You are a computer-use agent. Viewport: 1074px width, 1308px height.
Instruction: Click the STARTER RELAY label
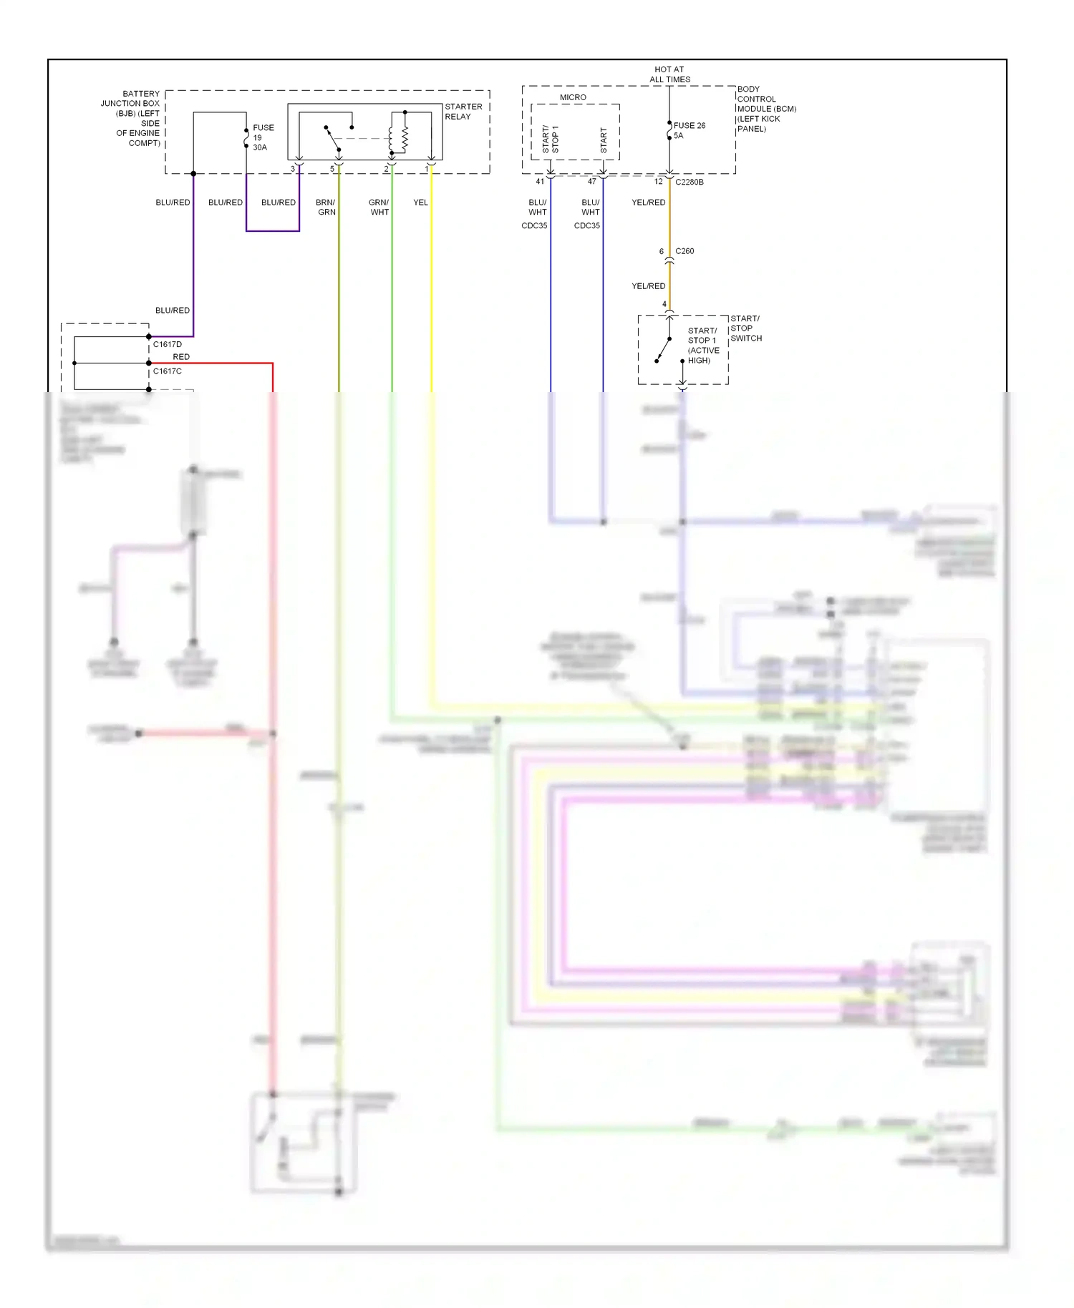coord(463,112)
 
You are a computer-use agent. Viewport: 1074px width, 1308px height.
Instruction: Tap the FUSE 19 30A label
coord(263,137)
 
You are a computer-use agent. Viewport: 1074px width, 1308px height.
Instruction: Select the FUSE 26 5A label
coord(689,130)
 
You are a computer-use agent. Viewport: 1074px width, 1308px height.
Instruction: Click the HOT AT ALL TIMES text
coord(669,74)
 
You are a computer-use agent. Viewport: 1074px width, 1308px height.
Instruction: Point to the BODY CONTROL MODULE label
coord(765,109)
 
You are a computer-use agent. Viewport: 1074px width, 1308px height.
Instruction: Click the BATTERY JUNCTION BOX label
coord(132,118)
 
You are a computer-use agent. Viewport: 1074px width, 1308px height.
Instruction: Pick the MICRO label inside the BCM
coord(573,97)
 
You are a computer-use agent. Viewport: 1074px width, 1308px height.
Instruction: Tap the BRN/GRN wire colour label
coord(326,207)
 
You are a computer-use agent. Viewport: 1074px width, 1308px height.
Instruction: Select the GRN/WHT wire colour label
coord(379,207)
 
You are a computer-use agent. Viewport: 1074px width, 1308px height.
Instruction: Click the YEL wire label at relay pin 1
coord(420,202)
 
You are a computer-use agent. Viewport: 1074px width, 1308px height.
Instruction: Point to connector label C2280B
coord(689,182)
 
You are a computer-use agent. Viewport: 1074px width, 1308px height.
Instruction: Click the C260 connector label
coord(684,251)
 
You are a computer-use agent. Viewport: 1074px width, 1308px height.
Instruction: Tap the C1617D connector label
coord(168,344)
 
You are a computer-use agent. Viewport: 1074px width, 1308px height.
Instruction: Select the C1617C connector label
coord(168,371)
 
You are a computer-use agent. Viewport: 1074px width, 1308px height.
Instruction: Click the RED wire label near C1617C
coord(181,356)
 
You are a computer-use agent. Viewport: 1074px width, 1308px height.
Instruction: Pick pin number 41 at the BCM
coord(540,182)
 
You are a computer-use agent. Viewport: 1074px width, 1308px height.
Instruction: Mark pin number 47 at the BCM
coord(592,182)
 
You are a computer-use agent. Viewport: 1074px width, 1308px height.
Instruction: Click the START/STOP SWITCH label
coord(745,328)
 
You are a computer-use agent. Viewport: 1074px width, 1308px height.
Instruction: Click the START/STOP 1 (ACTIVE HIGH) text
coord(702,346)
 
